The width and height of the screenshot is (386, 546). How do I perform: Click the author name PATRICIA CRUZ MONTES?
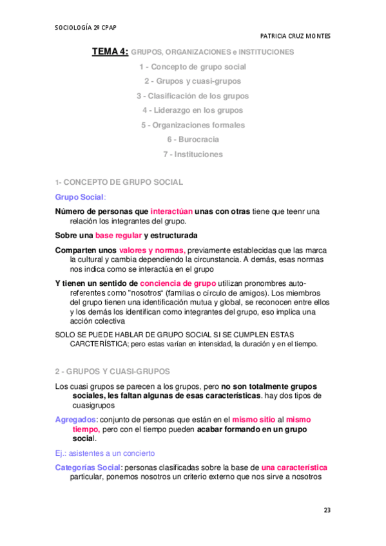294,36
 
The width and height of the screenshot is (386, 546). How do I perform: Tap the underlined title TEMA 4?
110,52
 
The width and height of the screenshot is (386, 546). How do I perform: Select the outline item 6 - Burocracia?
193,140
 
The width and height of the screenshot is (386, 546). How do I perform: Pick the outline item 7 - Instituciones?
193,155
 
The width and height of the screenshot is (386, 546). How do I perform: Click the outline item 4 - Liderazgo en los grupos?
193,110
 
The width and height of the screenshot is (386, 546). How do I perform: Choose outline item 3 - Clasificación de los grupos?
193,96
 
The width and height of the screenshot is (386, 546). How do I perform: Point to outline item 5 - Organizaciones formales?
193,125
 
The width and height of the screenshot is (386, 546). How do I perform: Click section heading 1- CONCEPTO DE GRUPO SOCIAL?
119,183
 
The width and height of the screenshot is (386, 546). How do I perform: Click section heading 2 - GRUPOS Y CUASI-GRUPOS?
112,372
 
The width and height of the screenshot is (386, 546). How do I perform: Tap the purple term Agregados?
75,419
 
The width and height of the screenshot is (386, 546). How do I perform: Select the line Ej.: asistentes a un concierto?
104,453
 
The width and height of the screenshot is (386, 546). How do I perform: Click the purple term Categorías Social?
87,467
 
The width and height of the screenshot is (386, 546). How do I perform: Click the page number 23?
327,511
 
